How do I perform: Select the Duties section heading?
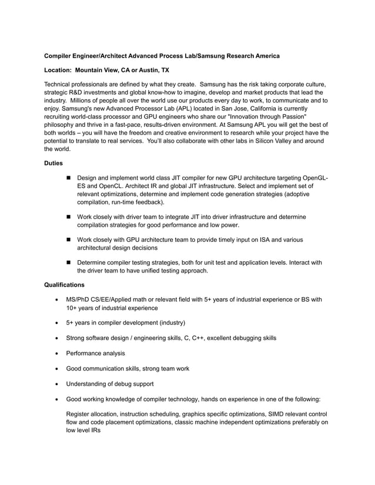point(55,163)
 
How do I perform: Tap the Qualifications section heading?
point(65,285)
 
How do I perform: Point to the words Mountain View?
point(99,70)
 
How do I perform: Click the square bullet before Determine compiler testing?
point(69,263)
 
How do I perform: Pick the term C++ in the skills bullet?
point(202,338)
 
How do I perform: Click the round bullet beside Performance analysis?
point(56,353)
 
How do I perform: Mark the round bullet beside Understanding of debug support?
point(56,384)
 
